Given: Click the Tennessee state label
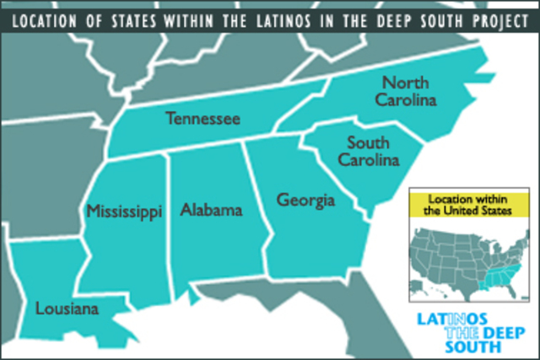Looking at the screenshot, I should pyautogui.click(x=202, y=118).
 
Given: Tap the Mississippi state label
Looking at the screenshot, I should pyautogui.click(x=123, y=211).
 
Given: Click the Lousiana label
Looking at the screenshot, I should pyautogui.click(x=67, y=309).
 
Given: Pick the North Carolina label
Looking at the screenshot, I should pyautogui.click(x=408, y=91).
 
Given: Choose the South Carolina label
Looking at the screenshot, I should pyautogui.click(x=368, y=150).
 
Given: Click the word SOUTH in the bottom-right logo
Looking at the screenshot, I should pyautogui.click(x=439, y=346).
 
